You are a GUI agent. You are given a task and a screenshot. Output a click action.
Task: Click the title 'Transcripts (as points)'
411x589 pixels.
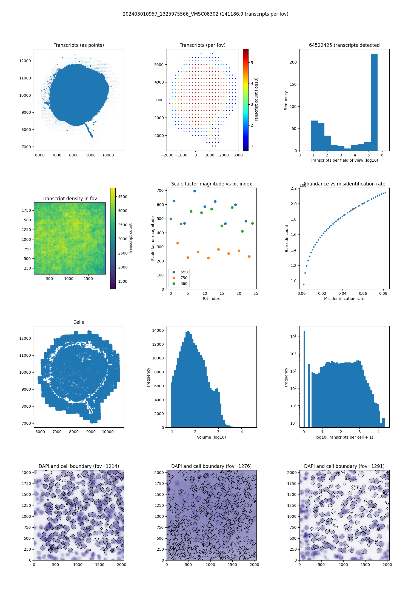[79, 45]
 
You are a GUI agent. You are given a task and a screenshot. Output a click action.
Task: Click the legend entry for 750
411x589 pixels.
[184, 278]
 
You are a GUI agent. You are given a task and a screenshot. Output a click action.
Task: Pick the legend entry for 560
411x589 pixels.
[184, 284]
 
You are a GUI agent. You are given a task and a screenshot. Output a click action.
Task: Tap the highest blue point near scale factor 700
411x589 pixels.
[195, 191]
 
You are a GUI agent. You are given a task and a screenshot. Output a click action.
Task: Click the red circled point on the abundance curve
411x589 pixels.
[353, 209]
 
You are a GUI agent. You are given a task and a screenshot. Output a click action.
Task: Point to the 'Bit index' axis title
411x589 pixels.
[211, 299]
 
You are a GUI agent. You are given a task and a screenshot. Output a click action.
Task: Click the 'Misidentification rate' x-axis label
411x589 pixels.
[344, 299]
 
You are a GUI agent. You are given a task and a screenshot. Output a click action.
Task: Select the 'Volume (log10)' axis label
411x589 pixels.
[211, 437]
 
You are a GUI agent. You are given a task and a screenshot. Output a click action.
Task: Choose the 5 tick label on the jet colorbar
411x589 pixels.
[252, 63]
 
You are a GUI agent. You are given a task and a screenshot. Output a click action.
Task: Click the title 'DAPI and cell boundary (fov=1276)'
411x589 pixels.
[211, 466]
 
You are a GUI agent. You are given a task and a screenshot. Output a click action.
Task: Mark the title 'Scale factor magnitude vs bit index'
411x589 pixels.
[211, 184]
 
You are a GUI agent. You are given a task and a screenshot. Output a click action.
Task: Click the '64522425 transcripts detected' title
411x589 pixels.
[344, 45]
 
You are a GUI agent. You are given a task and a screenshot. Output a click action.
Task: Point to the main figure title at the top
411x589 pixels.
[206, 14]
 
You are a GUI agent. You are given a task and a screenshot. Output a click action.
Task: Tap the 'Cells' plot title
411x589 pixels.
[79, 322]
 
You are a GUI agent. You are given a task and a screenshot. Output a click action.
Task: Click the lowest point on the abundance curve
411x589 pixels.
[304, 284]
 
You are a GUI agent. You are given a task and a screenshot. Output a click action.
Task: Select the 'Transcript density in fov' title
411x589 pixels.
[70, 199]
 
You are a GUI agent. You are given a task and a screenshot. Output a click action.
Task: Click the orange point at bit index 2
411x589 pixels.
[178, 243]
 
